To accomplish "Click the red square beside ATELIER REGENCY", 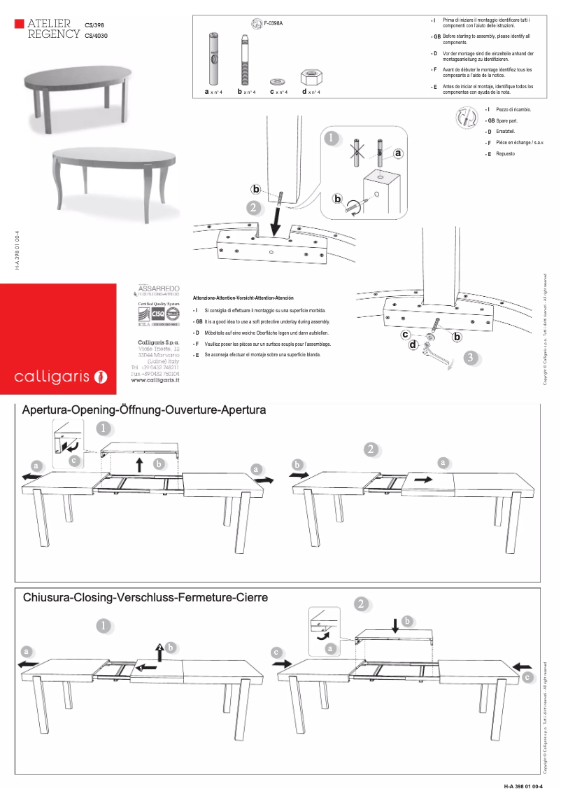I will (x=19, y=24).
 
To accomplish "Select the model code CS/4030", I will (x=97, y=35).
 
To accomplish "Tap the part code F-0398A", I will (x=274, y=24).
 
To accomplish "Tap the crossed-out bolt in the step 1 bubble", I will (x=356, y=151).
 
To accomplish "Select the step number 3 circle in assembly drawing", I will (x=472, y=358).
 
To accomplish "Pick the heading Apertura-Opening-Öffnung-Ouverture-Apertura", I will (x=144, y=410).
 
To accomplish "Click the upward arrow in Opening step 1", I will (x=139, y=463).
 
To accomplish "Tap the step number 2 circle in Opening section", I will (x=371, y=449).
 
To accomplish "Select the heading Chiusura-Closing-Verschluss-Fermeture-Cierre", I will (x=145, y=597).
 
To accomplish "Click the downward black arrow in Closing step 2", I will (x=396, y=624).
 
